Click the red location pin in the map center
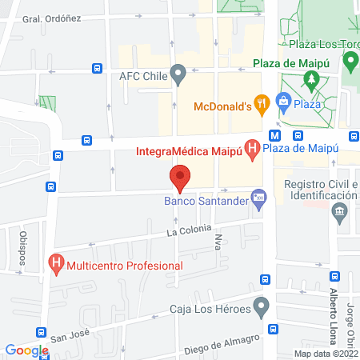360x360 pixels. tap(180, 177)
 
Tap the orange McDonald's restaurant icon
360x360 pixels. tap(262, 102)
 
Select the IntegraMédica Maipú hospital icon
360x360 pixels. tap(252, 148)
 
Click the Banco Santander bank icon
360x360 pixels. tap(258, 197)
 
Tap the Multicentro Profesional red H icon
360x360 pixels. tap(56, 262)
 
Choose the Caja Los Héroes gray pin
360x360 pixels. tap(261, 306)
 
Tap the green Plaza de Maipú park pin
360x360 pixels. tap(350, 60)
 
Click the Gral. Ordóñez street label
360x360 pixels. tap(51, 19)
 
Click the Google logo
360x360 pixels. tap(26, 350)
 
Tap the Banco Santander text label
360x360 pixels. tap(206, 201)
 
